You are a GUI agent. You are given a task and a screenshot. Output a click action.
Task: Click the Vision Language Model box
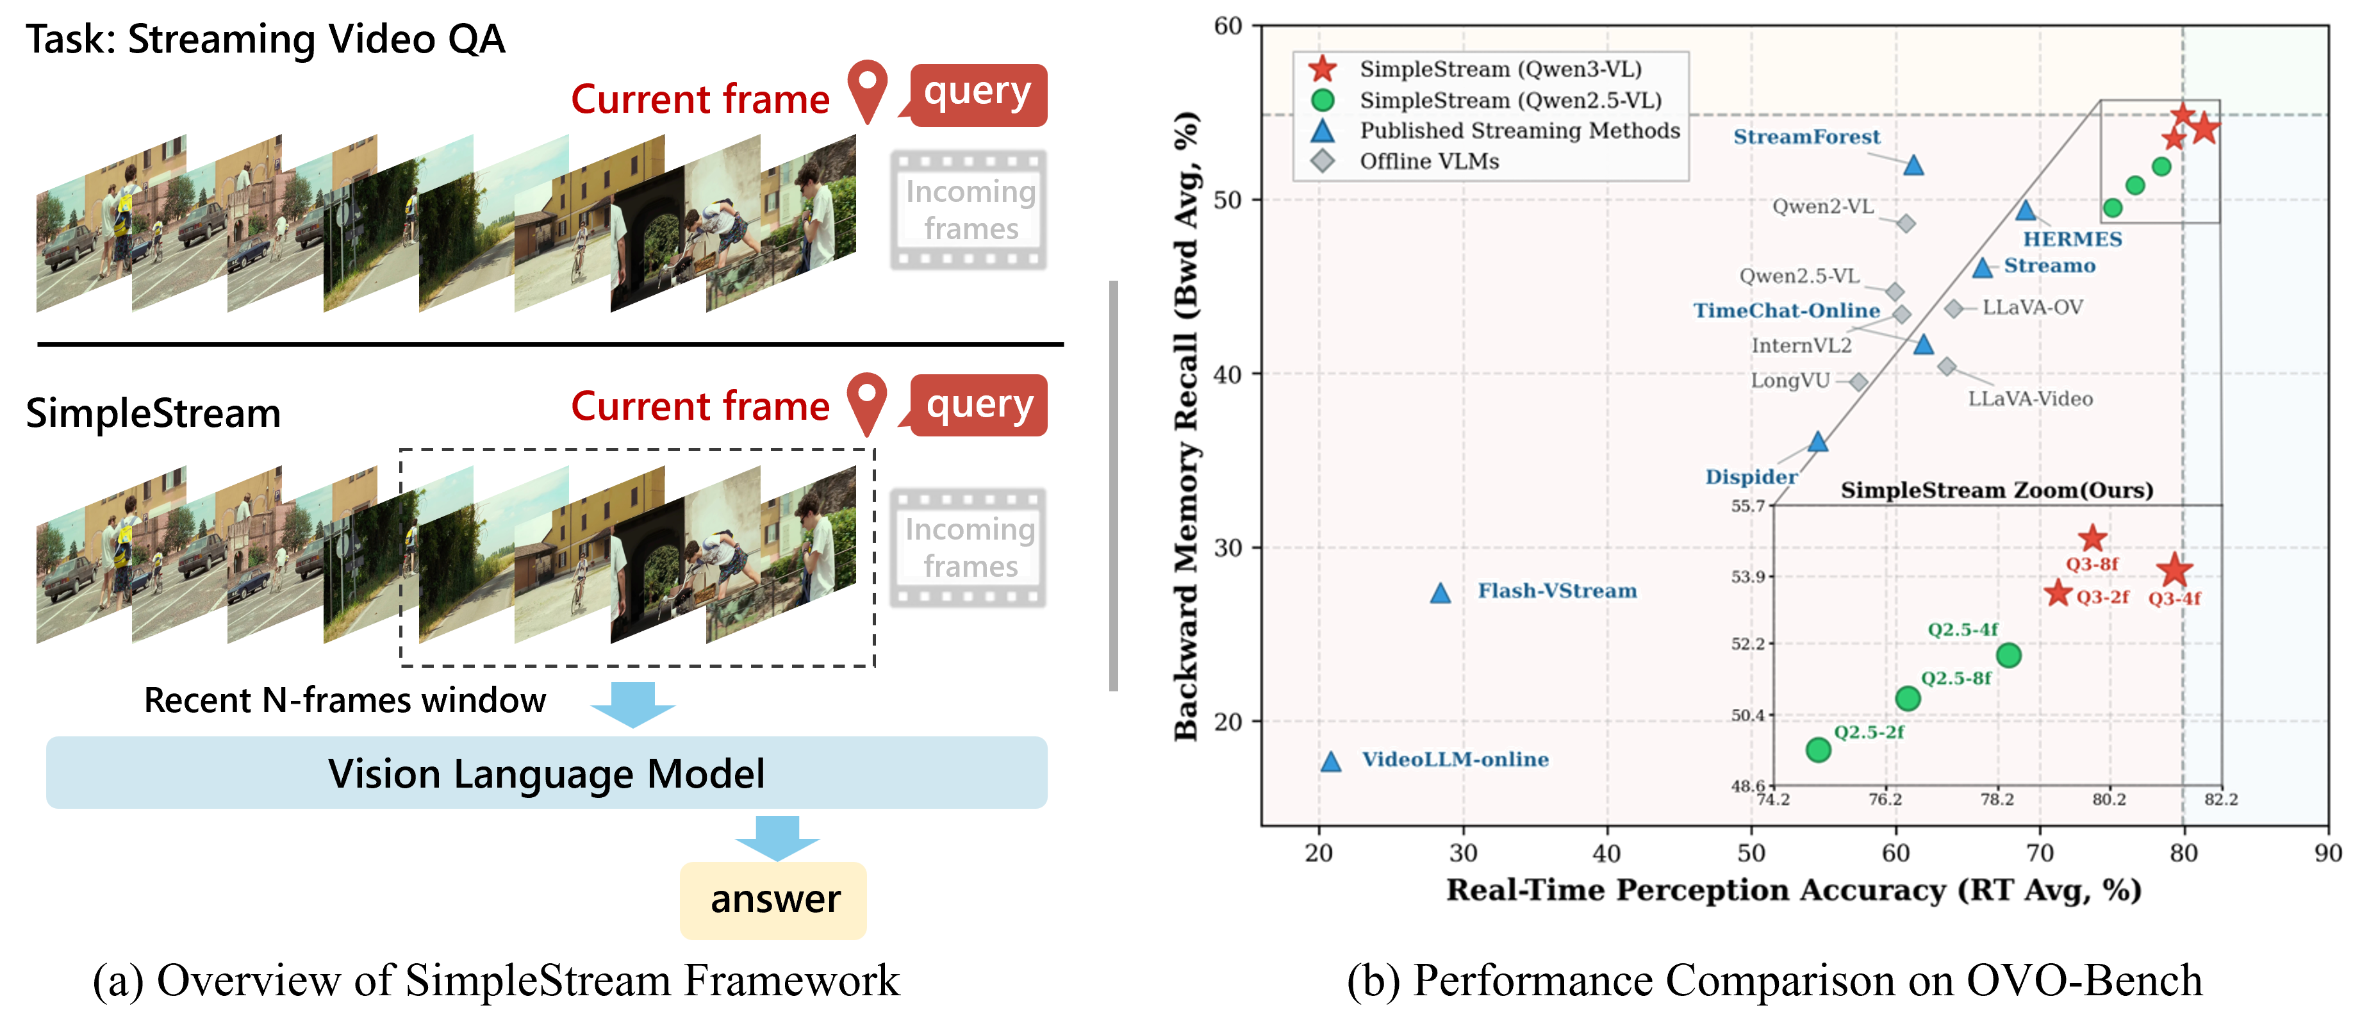[x=546, y=773]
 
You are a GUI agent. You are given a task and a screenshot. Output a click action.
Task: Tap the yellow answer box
[x=773, y=900]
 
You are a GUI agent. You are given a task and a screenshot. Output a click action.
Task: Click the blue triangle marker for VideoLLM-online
[x=1332, y=761]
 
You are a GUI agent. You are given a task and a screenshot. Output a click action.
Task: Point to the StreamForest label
[x=1807, y=137]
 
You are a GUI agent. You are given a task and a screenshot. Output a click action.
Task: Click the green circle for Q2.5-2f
[x=1818, y=750]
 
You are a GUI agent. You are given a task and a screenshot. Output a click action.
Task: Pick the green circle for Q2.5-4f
[x=2008, y=655]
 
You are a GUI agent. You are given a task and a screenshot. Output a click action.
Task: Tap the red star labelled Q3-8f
[x=2092, y=537]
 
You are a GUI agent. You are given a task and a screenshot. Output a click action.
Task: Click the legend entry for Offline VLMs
[x=1428, y=161]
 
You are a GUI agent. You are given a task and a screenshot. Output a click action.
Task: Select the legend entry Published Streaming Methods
[x=1519, y=131]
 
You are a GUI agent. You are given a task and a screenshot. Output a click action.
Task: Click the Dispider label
[x=1750, y=477]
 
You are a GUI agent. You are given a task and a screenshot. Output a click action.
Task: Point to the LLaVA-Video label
[x=2029, y=399]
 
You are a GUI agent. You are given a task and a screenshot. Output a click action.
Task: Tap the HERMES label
[x=2072, y=239]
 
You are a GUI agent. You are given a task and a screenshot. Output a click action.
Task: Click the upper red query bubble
[x=977, y=94]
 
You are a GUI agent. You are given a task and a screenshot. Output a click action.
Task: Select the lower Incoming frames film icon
[x=968, y=548]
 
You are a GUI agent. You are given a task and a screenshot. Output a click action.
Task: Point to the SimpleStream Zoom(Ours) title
[x=1996, y=490]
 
